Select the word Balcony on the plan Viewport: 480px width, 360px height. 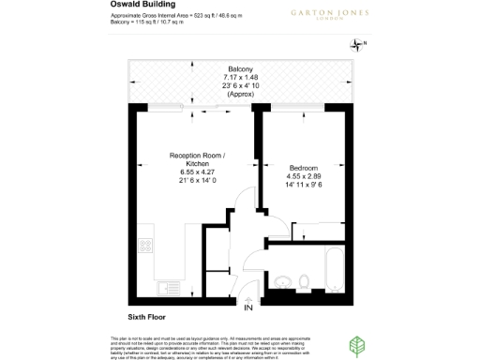coord(240,67)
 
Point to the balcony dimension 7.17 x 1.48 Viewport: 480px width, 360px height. coord(240,75)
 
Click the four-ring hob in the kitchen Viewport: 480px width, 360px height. coord(146,247)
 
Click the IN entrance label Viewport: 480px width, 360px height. coord(247,307)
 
